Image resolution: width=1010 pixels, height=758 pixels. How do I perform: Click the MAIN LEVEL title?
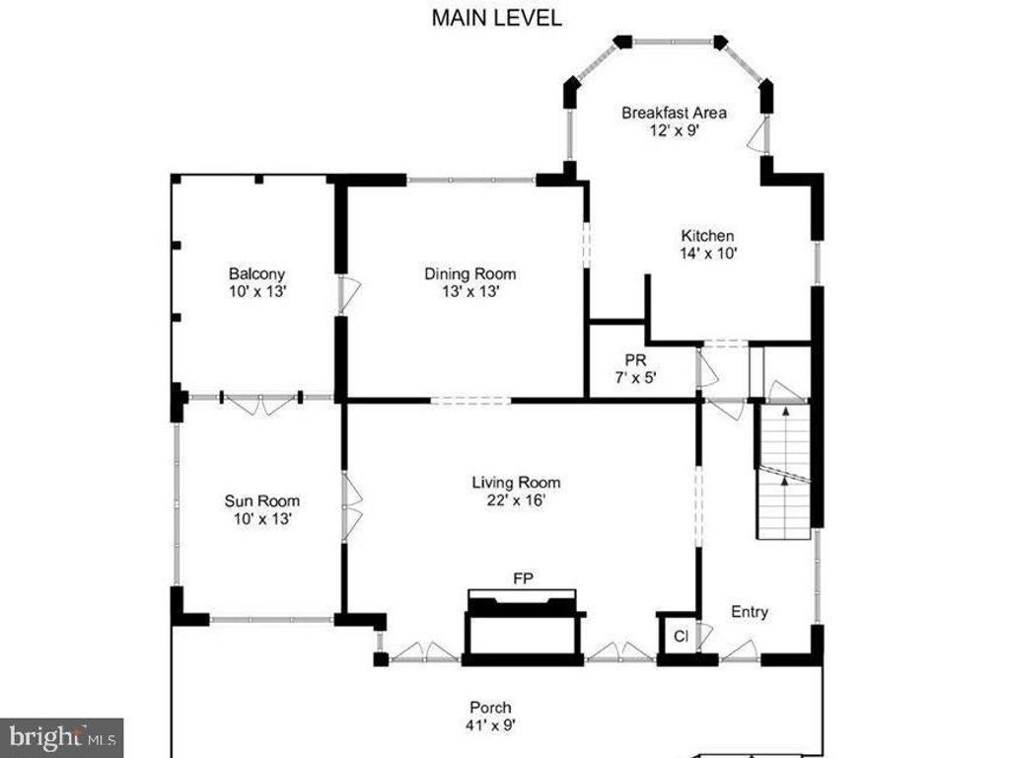pos(496,18)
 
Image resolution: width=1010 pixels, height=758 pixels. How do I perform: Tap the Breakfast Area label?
pos(674,113)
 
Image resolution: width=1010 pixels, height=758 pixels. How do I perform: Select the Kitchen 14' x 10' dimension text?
pos(708,254)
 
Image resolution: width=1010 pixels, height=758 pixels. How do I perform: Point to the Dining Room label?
pos(469,274)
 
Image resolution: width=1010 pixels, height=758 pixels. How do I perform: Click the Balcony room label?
pos(256,274)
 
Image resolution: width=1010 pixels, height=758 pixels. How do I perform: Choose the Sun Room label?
pos(261,500)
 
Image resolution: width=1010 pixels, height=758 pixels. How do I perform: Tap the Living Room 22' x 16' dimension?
pos(516,500)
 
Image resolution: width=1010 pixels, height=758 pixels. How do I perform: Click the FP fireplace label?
pos(523,578)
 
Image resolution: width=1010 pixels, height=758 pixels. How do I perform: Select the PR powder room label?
pos(635,360)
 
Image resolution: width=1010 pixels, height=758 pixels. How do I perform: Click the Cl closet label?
pos(681,637)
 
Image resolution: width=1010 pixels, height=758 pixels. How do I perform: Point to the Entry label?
pos(750,612)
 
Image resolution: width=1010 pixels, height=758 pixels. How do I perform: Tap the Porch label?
pos(491,708)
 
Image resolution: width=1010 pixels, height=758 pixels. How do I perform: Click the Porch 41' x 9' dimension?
pos(491,725)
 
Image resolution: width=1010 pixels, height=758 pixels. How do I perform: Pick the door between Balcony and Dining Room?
pos(348,295)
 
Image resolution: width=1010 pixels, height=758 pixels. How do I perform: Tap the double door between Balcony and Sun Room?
pos(260,404)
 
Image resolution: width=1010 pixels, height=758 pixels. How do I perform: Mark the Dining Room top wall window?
pos(471,180)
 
